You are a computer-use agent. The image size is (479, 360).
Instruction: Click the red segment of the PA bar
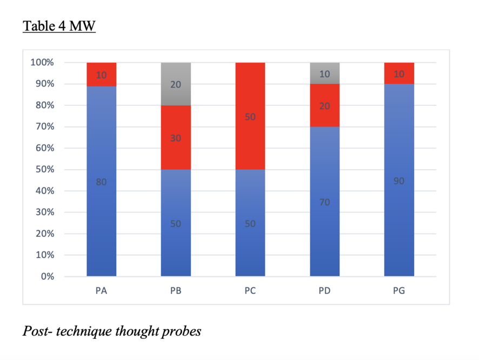(x=101, y=75)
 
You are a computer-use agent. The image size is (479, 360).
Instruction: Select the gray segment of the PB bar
(x=176, y=84)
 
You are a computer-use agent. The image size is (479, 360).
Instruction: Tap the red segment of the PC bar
(x=250, y=116)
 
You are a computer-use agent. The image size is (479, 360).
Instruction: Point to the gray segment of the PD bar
(x=324, y=73)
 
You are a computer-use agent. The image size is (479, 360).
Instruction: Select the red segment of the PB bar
(x=176, y=138)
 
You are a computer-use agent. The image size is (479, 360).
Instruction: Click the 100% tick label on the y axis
(x=42, y=63)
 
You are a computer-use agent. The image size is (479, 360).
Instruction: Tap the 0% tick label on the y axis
(x=47, y=277)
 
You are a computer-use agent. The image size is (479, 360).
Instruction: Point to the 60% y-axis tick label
(x=44, y=148)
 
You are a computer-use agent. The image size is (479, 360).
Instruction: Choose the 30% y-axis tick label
(x=44, y=212)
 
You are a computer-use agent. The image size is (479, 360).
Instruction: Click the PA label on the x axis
(x=101, y=290)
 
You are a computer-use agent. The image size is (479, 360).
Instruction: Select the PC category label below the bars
(x=250, y=290)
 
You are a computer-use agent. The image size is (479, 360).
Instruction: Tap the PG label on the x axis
(x=399, y=290)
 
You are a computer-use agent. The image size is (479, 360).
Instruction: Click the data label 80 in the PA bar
(x=101, y=182)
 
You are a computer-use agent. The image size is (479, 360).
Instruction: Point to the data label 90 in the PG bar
(x=399, y=181)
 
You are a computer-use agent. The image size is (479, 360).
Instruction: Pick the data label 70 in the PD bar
(x=324, y=202)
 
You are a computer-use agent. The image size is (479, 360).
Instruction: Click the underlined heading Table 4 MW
(x=59, y=26)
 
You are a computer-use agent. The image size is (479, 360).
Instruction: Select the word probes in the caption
(x=181, y=331)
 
